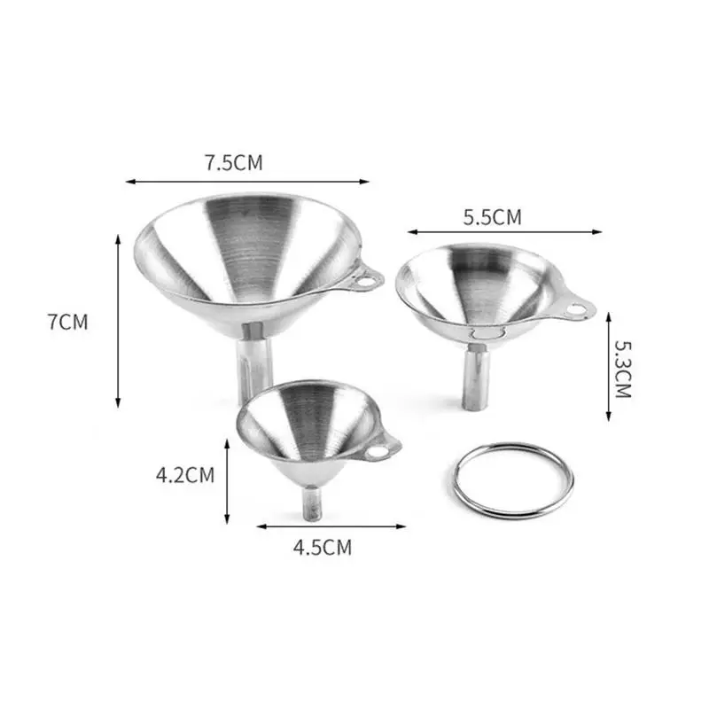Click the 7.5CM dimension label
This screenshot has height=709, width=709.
234,162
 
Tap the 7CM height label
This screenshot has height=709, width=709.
68,322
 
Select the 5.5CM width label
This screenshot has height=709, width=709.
492,215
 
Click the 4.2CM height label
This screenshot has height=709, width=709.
185,475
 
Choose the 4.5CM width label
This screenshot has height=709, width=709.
322,548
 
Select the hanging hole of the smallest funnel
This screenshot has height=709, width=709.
378,452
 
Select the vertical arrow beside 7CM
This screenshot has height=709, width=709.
118,322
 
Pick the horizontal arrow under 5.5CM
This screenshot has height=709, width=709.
504,232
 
